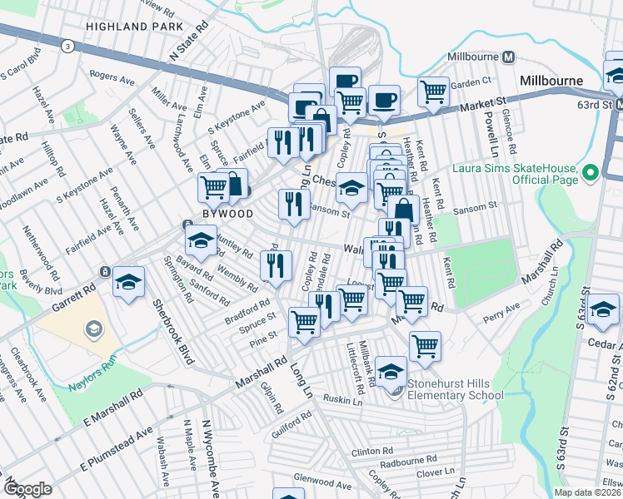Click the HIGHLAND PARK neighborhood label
(127, 27)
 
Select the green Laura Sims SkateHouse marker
(591, 173)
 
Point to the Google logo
(27, 489)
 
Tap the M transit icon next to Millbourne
(509, 57)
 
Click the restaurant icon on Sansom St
(292, 204)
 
